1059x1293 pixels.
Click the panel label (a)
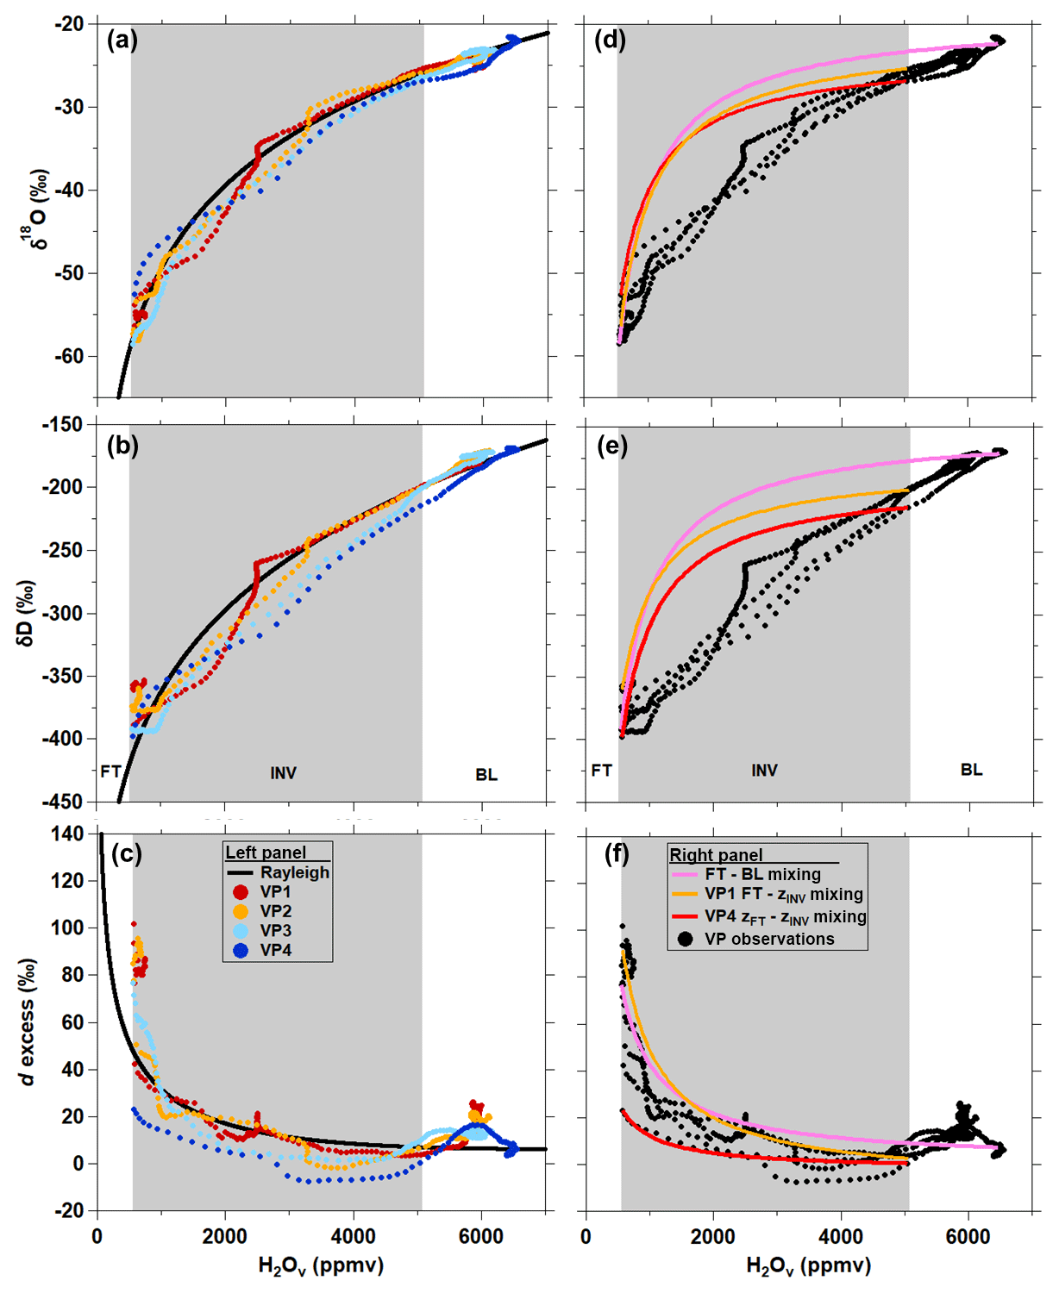(x=122, y=41)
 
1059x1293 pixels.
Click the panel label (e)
(x=611, y=447)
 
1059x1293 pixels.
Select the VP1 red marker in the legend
(x=241, y=892)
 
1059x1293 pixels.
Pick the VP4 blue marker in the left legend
(x=241, y=950)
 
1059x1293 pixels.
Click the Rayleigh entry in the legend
(x=295, y=872)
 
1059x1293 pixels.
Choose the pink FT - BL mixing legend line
(x=685, y=874)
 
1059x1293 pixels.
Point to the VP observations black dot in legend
(x=686, y=939)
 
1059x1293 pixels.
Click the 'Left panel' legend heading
(x=266, y=853)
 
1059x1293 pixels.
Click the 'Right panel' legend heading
(x=716, y=854)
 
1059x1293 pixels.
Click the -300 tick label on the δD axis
(x=65, y=614)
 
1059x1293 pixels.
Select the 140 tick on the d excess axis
(x=68, y=834)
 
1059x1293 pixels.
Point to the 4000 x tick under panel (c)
(x=353, y=1237)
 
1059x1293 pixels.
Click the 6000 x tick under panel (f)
(x=968, y=1237)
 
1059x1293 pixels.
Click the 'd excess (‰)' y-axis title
(x=29, y=1021)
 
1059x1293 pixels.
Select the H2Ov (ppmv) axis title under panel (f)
(x=808, y=1265)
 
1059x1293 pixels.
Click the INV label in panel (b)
(x=283, y=773)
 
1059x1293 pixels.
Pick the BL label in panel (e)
(x=971, y=770)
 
